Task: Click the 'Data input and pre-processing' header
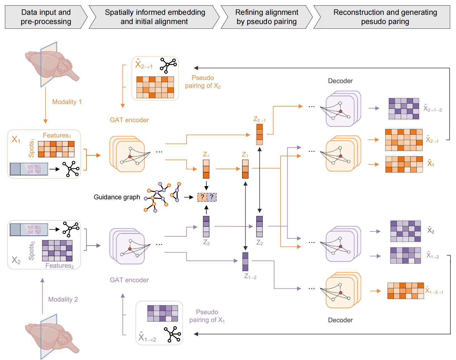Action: pyautogui.click(x=46, y=17)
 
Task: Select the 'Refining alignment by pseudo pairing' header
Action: pyautogui.click(x=267, y=17)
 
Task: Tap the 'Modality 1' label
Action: pyautogui.click(x=67, y=102)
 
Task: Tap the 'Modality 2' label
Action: pyautogui.click(x=63, y=299)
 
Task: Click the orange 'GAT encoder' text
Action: pyautogui.click(x=129, y=120)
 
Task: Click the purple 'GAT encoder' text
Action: pyautogui.click(x=129, y=280)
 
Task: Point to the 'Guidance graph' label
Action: pyautogui.click(x=117, y=197)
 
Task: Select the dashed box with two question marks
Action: pyautogui.click(x=207, y=197)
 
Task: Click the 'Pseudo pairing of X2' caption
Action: pyautogui.click(x=203, y=82)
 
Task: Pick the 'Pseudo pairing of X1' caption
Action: pyautogui.click(x=207, y=316)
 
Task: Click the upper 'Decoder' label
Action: pyautogui.click(x=340, y=81)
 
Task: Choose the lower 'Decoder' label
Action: pyautogui.click(x=340, y=320)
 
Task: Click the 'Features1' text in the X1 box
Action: pyautogui.click(x=57, y=135)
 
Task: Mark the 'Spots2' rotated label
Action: pyautogui.click(x=31, y=250)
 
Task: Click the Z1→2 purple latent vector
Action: pyautogui.click(x=245, y=262)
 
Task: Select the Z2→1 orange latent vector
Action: pyautogui.click(x=260, y=134)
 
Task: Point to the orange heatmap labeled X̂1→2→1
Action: pyautogui.click(x=405, y=291)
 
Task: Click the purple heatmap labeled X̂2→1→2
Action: pyautogui.click(x=404, y=109)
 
